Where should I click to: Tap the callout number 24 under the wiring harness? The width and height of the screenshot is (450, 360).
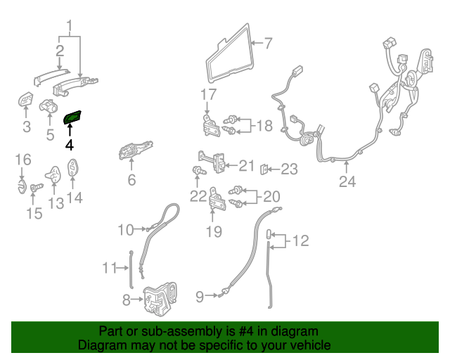tap(347, 182)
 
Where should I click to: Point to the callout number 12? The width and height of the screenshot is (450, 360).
tap(300, 241)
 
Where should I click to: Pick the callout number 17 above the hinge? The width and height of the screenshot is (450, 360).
tap(209, 94)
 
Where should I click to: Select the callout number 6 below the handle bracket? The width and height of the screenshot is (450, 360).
tap(131, 180)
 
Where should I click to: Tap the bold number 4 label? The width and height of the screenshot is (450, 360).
tap(69, 146)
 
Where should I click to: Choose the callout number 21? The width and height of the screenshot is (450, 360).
tap(246, 166)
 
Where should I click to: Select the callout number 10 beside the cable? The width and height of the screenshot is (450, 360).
tap(125, 229)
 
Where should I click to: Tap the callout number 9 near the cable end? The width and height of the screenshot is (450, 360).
tap(200, 297)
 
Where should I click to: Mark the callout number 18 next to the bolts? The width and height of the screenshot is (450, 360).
tap(264, 126)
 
